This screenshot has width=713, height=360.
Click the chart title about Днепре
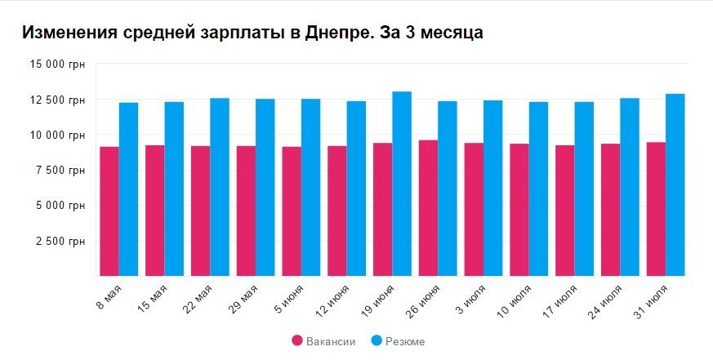coord(252,33)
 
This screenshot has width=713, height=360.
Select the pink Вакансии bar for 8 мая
coord(109,211)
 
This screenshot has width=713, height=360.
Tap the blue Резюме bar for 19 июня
coord(402,184)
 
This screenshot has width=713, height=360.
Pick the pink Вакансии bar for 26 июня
coord(428,208)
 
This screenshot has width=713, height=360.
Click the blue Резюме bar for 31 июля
coord(675,185)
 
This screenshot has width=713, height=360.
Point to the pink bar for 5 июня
coord(292,211)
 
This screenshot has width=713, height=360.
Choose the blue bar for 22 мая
coord(220,187)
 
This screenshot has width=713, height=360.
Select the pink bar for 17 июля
coord(565,211)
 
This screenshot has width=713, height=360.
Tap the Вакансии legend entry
coord(323,341)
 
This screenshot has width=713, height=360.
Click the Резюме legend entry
coord(397,341)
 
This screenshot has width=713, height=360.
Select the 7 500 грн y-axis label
coord(62,170)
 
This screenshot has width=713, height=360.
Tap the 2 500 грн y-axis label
coord(62,241)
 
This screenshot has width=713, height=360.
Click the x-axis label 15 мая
coord(154,298)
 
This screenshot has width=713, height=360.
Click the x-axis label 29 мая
coord(244,298)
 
